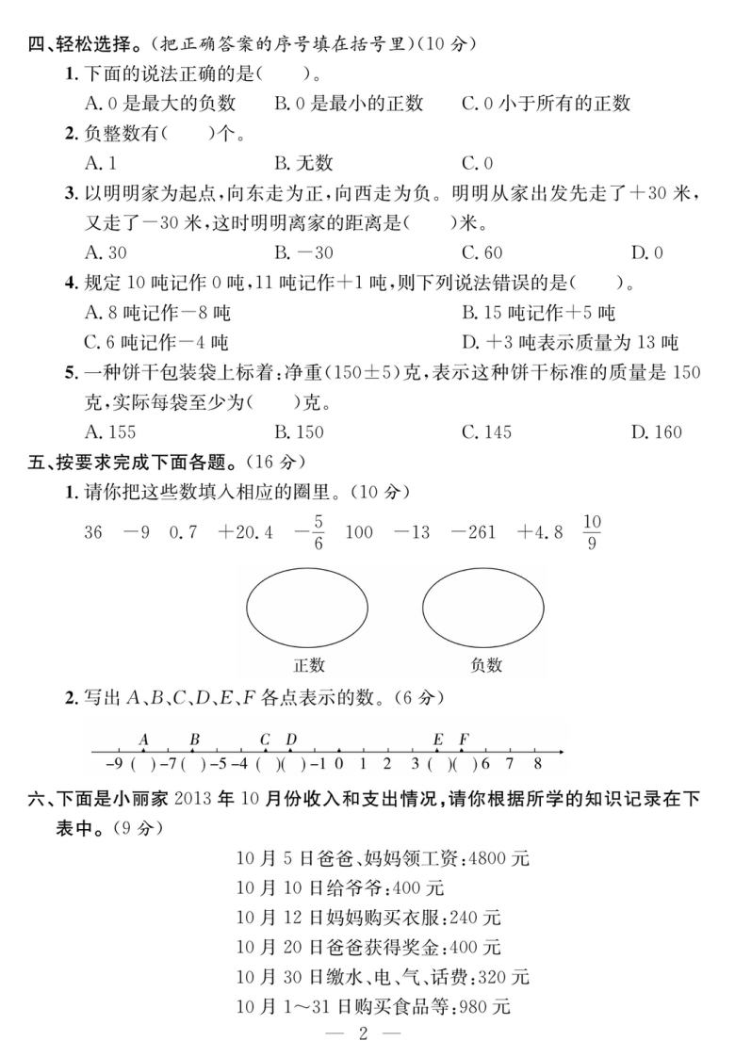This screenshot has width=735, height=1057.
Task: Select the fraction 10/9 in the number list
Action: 592,532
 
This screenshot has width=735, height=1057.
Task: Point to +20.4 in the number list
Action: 245,532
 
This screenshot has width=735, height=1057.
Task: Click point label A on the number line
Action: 144,740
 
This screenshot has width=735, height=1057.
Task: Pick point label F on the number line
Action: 464,740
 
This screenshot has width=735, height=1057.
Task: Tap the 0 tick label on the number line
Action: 338,764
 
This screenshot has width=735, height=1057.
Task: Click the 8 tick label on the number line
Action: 536,764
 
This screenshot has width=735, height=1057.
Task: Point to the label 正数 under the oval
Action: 308,665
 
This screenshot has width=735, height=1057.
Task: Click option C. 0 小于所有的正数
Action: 546,103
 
